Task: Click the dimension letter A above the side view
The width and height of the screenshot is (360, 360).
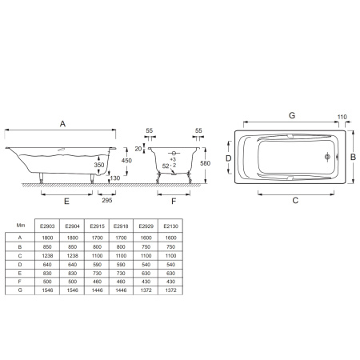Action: tap(62, 124)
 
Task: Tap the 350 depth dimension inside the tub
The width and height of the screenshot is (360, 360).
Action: tap(99, 165)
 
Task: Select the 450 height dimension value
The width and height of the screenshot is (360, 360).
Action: tap(126, 161)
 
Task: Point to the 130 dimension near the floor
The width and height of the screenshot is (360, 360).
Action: tap(115, 178)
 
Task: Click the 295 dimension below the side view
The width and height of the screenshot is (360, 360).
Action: tap(107, 200)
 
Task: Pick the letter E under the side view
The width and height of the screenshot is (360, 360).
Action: tap(66, 202)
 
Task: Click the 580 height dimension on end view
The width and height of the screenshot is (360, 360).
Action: tap(206, 163)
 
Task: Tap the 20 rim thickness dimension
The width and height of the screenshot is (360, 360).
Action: tap(138, 149)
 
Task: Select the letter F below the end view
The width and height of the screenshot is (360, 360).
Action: tap(174, 202)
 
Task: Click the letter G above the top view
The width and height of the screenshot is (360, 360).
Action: tap(292, 115)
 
